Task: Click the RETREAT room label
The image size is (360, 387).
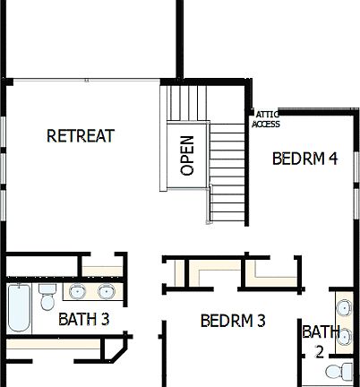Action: (x=81, y=136)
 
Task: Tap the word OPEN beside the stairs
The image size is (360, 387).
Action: (x=186, y=155)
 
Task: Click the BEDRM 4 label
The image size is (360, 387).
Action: (x=304, y=159)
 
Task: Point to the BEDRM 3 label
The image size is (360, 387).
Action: (x=233, y=321)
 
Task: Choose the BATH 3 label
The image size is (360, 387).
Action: (x=84, y=319)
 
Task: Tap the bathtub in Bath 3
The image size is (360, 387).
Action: (x=19, y=309)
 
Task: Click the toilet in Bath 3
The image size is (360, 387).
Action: (x=47, y=297)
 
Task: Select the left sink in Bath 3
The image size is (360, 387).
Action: (x=78, y=291)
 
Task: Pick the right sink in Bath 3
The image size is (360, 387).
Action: (x=107, y=291)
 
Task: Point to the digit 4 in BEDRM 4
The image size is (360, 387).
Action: (x=332, y=159)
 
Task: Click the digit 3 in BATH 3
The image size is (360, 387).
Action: (x=105, y=319)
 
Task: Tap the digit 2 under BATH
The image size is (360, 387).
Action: (x=320, y=351)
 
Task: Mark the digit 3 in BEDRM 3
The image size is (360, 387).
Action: (x=261, y=321)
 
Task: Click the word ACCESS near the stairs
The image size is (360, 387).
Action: (x=266, y=125)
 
